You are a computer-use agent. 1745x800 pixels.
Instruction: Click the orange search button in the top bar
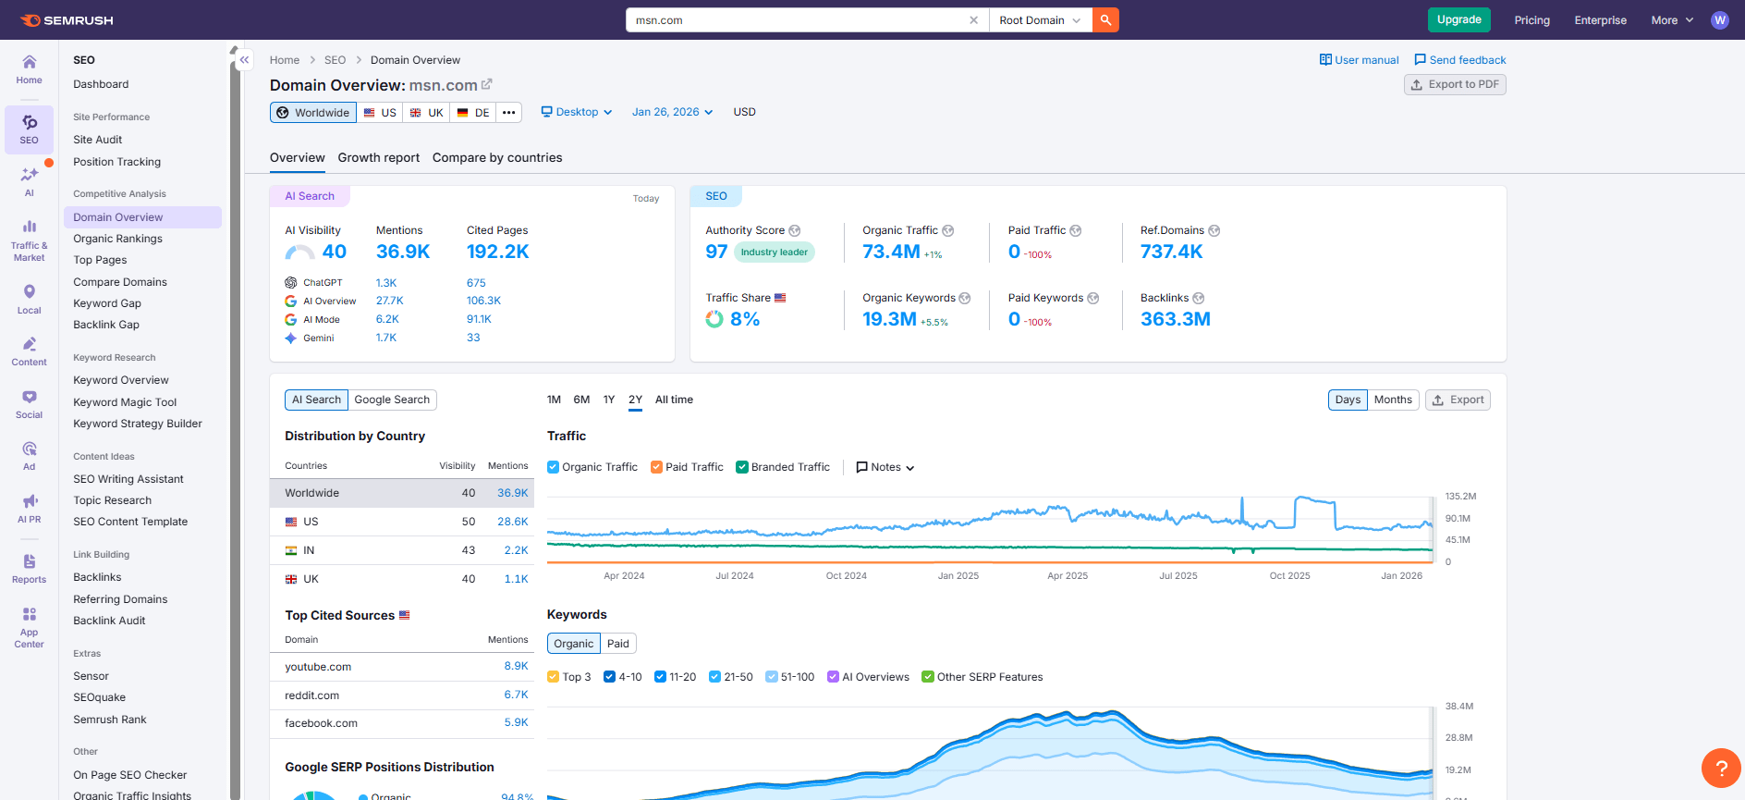1105,19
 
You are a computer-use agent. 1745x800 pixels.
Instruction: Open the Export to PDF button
1455,84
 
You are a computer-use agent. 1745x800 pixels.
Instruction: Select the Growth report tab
378,157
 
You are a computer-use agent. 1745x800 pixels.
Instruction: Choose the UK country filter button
427,113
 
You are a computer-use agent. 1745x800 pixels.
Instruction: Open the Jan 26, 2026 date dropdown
672,112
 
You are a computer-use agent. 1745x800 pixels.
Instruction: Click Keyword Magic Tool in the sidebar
125,402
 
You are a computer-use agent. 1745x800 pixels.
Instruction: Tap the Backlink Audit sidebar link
109,621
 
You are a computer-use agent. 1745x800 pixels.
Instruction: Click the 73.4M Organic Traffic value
891,252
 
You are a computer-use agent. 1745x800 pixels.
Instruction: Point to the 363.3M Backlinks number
1175,319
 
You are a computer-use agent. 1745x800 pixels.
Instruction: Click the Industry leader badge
774,252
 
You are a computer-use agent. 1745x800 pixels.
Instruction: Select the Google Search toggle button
392,400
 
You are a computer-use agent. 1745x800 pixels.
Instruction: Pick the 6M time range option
581,400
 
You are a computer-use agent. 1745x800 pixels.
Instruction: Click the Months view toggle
1392,400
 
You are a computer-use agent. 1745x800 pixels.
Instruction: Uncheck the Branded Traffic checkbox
742,467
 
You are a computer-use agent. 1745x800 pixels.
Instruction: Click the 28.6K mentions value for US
512,522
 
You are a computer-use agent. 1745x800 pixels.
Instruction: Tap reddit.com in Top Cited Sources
311,695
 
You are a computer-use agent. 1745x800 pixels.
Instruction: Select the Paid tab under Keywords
617,644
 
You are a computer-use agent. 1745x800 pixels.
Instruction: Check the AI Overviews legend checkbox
833,677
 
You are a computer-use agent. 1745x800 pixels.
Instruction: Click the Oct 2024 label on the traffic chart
846,575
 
